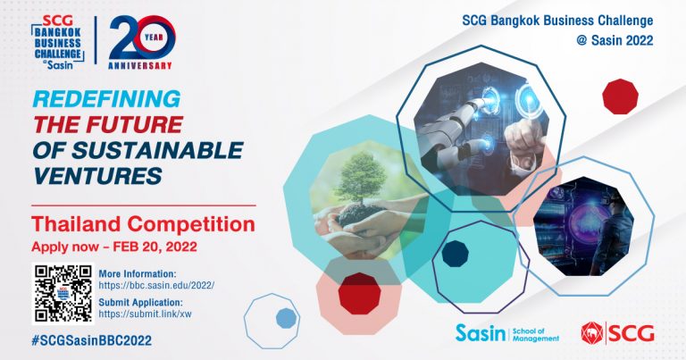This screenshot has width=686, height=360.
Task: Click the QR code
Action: [x=63, y=293]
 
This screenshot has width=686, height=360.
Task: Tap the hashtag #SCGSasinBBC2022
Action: [x=92, y=340]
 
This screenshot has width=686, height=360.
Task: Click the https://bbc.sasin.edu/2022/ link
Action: [x=156, y=286]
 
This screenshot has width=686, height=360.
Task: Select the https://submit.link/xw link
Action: [x=145, y=314]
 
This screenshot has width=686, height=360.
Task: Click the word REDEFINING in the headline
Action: [x=107, y=99]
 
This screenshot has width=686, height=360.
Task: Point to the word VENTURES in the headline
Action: [x=97, y=176]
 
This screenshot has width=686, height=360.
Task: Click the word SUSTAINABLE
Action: [x=157, y=150]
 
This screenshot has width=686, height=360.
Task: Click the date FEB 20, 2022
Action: [x=155, y=247]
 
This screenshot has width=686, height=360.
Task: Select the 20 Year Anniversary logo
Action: [x=141, y=43]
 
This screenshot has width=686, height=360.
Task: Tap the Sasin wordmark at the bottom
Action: [x=480, y=333]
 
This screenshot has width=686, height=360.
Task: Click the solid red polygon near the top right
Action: [x=620, y=96]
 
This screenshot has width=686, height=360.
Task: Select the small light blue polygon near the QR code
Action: [x=286, y=318]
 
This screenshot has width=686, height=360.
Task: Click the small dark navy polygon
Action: [x=455, y=254]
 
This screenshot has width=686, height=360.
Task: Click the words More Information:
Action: [x=137, y=274]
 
